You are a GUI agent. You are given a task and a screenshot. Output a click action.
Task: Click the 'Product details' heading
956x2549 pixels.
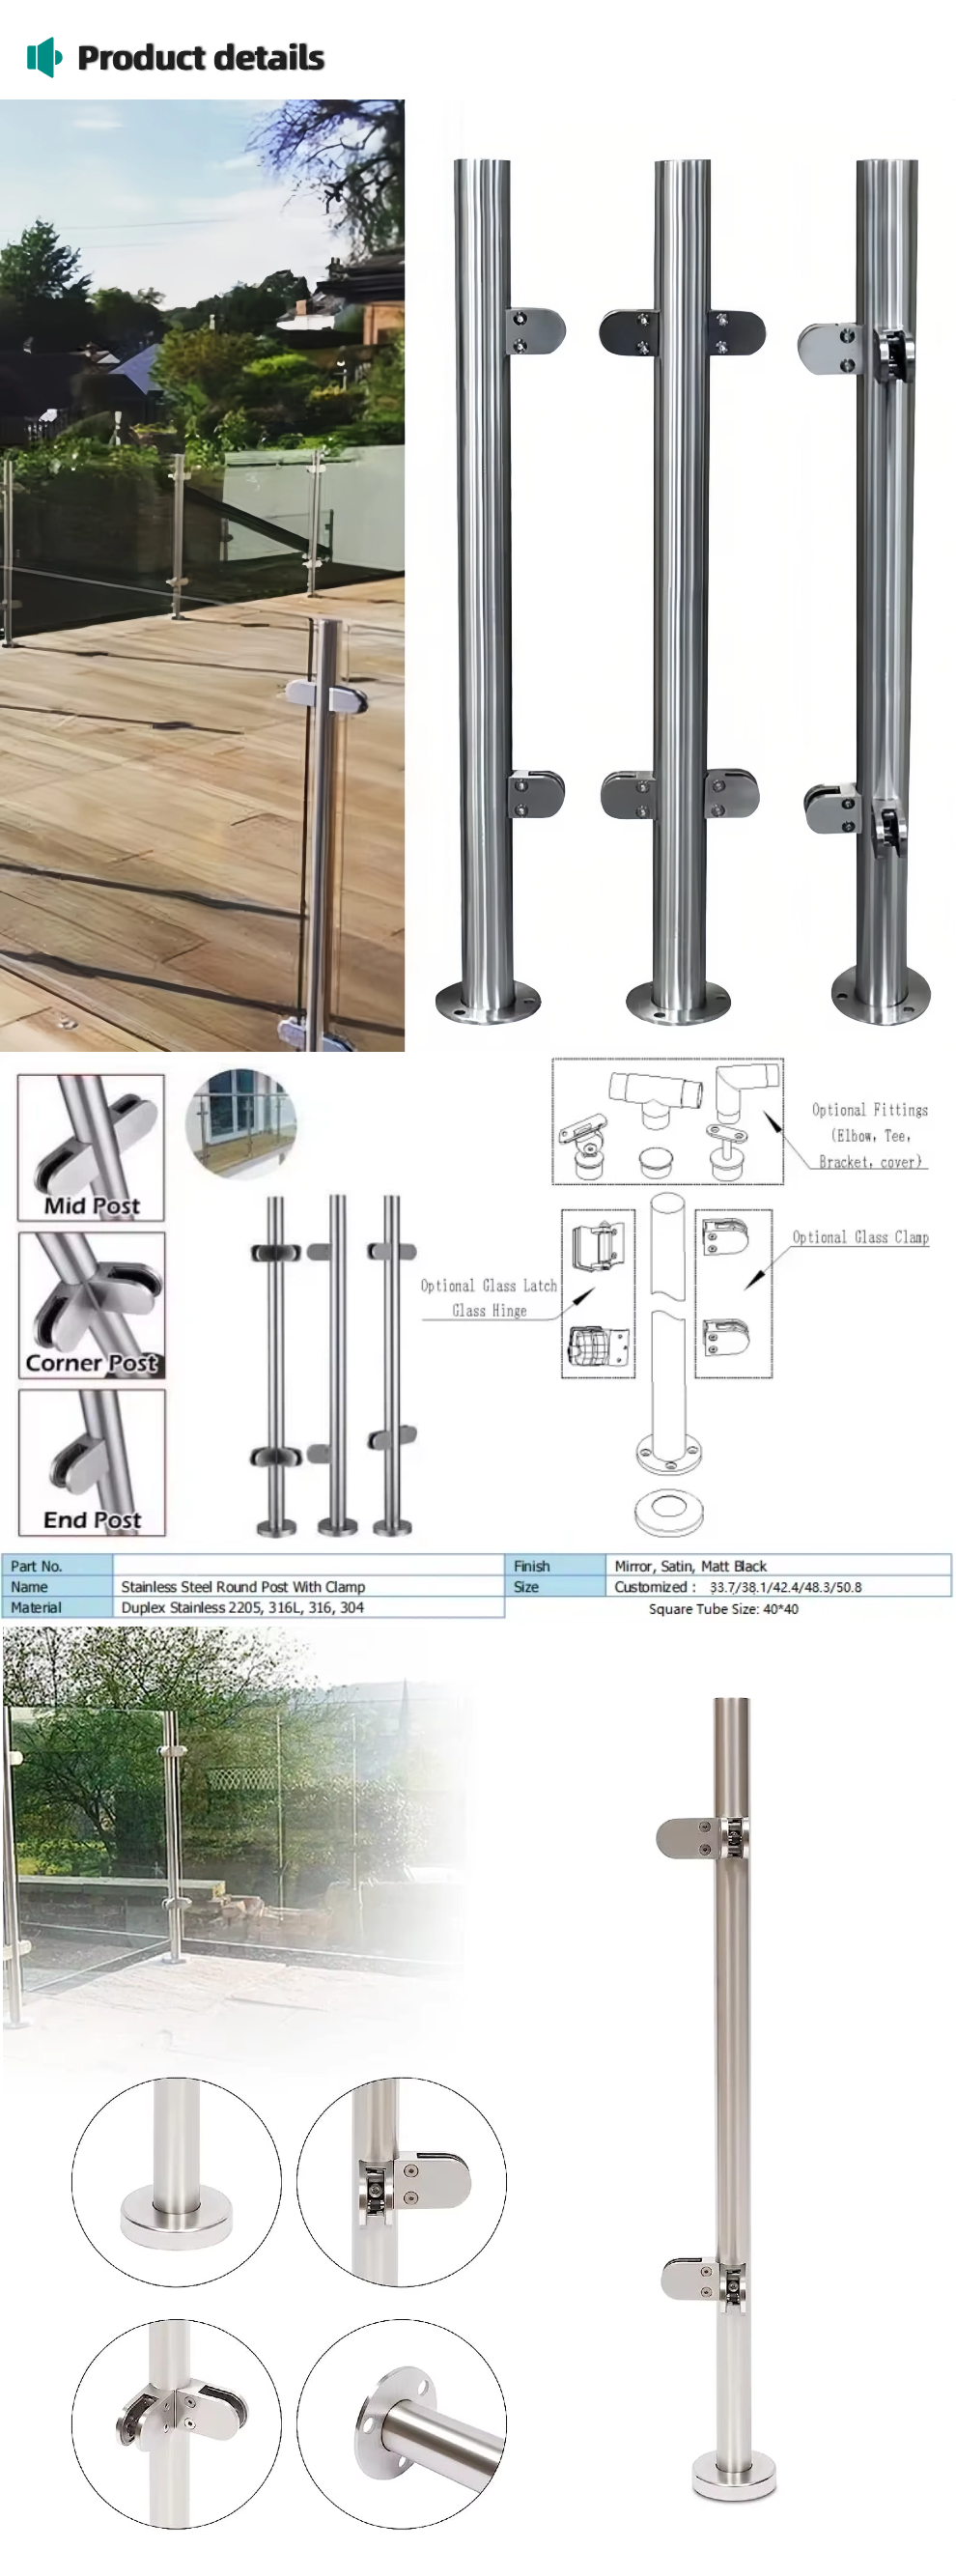coord(200,57)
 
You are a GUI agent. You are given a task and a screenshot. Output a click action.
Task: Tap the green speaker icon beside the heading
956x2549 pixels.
coord(43,57)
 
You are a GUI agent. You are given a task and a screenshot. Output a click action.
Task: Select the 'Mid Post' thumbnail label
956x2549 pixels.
coord(91,1205)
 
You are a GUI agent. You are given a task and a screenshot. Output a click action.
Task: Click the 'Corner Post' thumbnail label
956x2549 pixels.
coord(91,1363)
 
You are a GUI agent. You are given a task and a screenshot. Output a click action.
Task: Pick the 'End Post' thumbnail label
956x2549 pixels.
coord(92,1520)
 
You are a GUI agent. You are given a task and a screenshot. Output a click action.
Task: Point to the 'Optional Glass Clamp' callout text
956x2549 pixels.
coord(860,1237)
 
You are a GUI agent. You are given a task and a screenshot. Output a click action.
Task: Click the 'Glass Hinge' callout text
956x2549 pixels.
coord(489,1310)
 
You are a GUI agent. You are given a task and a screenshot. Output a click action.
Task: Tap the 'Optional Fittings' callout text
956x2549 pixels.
coord(870,1109)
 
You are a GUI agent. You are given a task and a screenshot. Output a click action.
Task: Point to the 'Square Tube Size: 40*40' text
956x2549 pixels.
coord(723,1609)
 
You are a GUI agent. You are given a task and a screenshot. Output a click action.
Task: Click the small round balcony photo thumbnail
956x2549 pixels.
coord(240,1123)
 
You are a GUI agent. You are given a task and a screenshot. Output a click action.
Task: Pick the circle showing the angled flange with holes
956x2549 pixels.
coord(402,2423)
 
